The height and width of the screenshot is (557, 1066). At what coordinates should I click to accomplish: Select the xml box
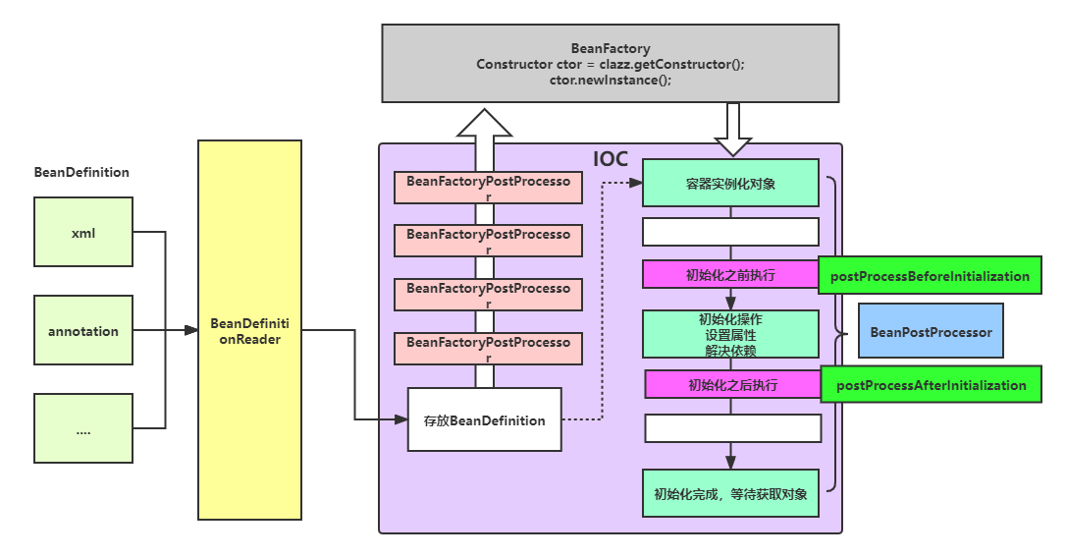[x=83, y=232]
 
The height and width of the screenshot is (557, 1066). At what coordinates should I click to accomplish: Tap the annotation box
[x=83, y=331]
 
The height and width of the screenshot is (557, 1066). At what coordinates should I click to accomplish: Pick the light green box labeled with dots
[x=83, y=428]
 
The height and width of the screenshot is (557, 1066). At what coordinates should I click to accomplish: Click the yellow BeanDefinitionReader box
[x=249, y=330]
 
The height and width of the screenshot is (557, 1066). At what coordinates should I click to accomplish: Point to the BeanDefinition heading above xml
[x=81, y=172]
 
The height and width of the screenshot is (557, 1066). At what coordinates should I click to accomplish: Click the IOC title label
[x=611, y=159]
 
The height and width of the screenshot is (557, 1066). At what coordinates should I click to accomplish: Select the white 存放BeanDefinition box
[x=484, y=419]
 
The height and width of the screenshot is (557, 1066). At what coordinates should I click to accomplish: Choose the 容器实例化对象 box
[x=730, y=183]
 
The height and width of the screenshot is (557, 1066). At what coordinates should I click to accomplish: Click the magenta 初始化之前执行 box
[x=729, y=274]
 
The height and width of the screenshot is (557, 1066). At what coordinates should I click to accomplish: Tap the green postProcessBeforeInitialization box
[x=930, y=276]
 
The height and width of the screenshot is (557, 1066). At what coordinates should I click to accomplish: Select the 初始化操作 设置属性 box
[x=730, y=334]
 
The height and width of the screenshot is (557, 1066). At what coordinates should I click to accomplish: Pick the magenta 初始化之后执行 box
[x=732, y=384]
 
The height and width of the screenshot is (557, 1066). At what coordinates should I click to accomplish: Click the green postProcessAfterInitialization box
[x=931, y=385]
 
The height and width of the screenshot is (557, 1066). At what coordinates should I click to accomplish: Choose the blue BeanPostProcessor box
[x=931, y=332]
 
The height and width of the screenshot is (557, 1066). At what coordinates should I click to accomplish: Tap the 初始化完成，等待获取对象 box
[x=730, y=493]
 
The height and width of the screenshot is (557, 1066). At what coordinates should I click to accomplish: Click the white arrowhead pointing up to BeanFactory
[x=484, y=124]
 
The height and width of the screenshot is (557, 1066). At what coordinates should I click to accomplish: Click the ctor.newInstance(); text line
[x=610, y=80]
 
